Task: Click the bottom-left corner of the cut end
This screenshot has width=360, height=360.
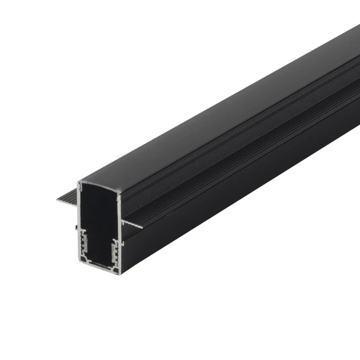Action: point(80,259)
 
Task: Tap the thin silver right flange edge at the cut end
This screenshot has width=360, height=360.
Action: point(133,225)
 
